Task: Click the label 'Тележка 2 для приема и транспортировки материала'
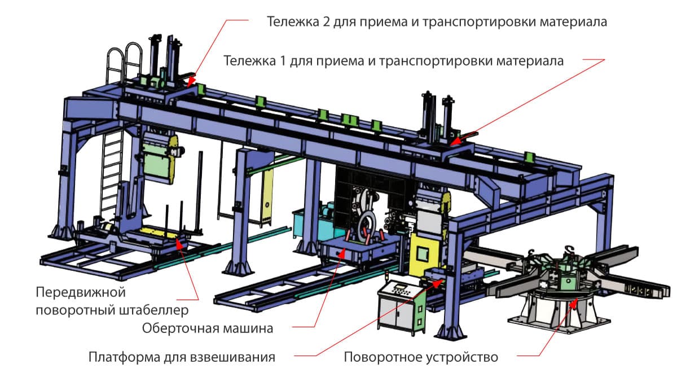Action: (437, 23)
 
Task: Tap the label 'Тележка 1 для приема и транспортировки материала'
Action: (394, 60)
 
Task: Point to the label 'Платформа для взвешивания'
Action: (182, 357)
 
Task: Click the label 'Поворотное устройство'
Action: (421, 357)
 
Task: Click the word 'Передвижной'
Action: (80, 293)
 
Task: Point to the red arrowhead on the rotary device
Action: (574, 303)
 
